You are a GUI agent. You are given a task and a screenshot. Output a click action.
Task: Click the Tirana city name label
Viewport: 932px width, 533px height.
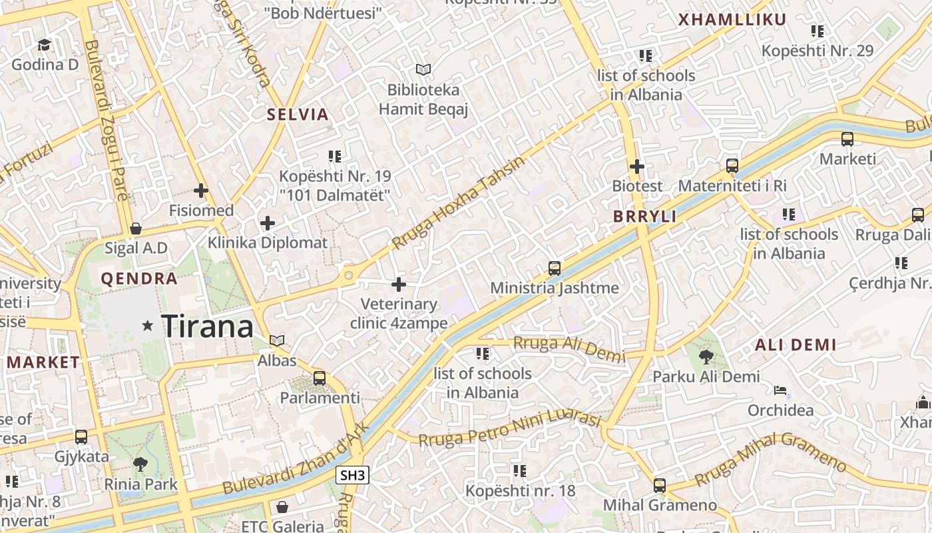pyautogui.click(x=208, y=326)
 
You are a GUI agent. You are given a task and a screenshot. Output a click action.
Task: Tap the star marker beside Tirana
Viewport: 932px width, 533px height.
pyautogui.click(x=148, y=326)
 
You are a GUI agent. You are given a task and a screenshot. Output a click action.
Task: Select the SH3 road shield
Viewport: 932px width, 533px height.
pyautogui.click(x=352, y=475)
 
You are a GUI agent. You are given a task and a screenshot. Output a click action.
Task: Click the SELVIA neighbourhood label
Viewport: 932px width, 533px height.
pyautogui.click(x=298, y=115)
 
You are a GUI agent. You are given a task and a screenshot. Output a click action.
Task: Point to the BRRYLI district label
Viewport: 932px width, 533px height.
pyautogui.click(x=644, y=217)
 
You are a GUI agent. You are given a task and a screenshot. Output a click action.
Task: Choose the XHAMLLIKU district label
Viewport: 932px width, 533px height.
pyautogui.click(x=732, y=20)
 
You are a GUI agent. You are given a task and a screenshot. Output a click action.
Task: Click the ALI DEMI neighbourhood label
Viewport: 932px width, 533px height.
pyautogui.click(x=795, y=345)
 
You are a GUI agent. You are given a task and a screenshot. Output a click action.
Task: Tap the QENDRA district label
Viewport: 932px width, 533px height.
pyautogui.click(x=139, y=278)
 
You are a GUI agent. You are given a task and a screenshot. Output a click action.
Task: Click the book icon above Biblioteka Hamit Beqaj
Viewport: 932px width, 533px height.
pyautogui.click(x=423, y=69)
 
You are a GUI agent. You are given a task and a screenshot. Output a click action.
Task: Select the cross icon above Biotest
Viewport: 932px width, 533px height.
pyautogui.click(x=637, y=166)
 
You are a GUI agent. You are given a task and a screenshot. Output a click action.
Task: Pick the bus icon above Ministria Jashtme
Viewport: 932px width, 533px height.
pyautogui.click(x=555, y=268)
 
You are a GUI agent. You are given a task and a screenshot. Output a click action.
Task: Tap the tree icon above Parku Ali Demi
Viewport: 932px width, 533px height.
pyautogui.click(x=706, y=357)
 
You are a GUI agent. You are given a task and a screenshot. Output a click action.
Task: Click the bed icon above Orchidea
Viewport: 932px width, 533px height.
pyautogui.click(x=780, y=390)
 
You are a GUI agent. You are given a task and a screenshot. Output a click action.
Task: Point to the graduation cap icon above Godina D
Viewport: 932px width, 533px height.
pyautogui.click(x=45, y=45)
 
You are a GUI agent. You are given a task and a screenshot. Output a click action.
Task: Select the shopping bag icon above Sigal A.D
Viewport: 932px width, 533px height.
pyautogui.click(x=136, y=229)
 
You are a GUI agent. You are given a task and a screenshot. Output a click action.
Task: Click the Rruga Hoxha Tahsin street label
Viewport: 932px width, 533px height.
pyautogui.click(x=459, y=203)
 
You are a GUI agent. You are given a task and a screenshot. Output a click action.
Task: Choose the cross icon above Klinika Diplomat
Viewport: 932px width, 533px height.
pyautogui.click(x=268, y=223)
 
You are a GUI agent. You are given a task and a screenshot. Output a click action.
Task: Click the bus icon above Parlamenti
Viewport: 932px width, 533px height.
pyautogui.click(x=320, y=378)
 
